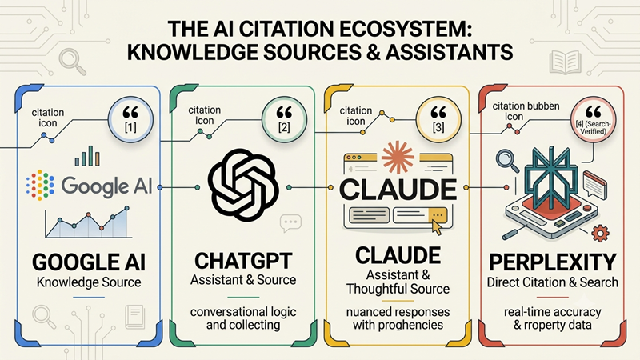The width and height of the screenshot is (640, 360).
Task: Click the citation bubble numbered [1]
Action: (x=130, y=119)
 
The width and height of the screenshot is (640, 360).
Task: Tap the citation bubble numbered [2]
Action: (x=284, y=119)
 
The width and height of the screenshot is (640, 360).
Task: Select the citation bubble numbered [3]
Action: (x=438, y=119)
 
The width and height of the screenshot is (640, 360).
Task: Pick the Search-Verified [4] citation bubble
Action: (x=593, y=119)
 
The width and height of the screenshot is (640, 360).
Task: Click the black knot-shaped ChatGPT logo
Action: (x=243, y=185)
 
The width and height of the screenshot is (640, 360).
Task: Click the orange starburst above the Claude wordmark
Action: (x=398, y=157)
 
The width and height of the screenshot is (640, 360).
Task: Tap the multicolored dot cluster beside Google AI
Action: (x=40, y=185)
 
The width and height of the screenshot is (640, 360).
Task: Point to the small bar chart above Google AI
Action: (x=87, y=156)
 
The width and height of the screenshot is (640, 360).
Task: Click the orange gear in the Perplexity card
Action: (x=600, y=234)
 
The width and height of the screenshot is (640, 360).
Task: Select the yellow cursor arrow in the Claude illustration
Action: (x=437, y=227)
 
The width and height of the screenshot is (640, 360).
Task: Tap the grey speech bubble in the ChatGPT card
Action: (x=290, y=223)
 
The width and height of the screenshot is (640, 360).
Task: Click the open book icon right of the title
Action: (x=566, y=62)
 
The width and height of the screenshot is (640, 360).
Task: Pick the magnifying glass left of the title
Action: (x=72, y=62)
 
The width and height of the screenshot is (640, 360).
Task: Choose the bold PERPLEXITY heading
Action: (x=552, y=262)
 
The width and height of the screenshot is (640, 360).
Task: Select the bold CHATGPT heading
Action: (x=243, y=261)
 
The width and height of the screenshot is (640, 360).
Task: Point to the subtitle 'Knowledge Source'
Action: (x=89, y=282)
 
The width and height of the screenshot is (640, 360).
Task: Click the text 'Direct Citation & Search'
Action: (x=552, y=282)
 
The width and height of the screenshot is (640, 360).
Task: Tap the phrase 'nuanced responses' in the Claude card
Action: (x=398, y=312)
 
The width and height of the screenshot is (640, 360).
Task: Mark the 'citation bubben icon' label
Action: (x=526, y=111)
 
